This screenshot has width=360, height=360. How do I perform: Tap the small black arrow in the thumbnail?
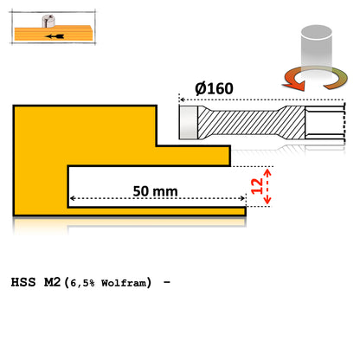click(x=56, y=37)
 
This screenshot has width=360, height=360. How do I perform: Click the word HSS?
click(x=26, y=283)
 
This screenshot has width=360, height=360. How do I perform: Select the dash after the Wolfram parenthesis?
click(x=164, y=283)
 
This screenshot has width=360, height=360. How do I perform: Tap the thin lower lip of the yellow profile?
click(x=156, y=209)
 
